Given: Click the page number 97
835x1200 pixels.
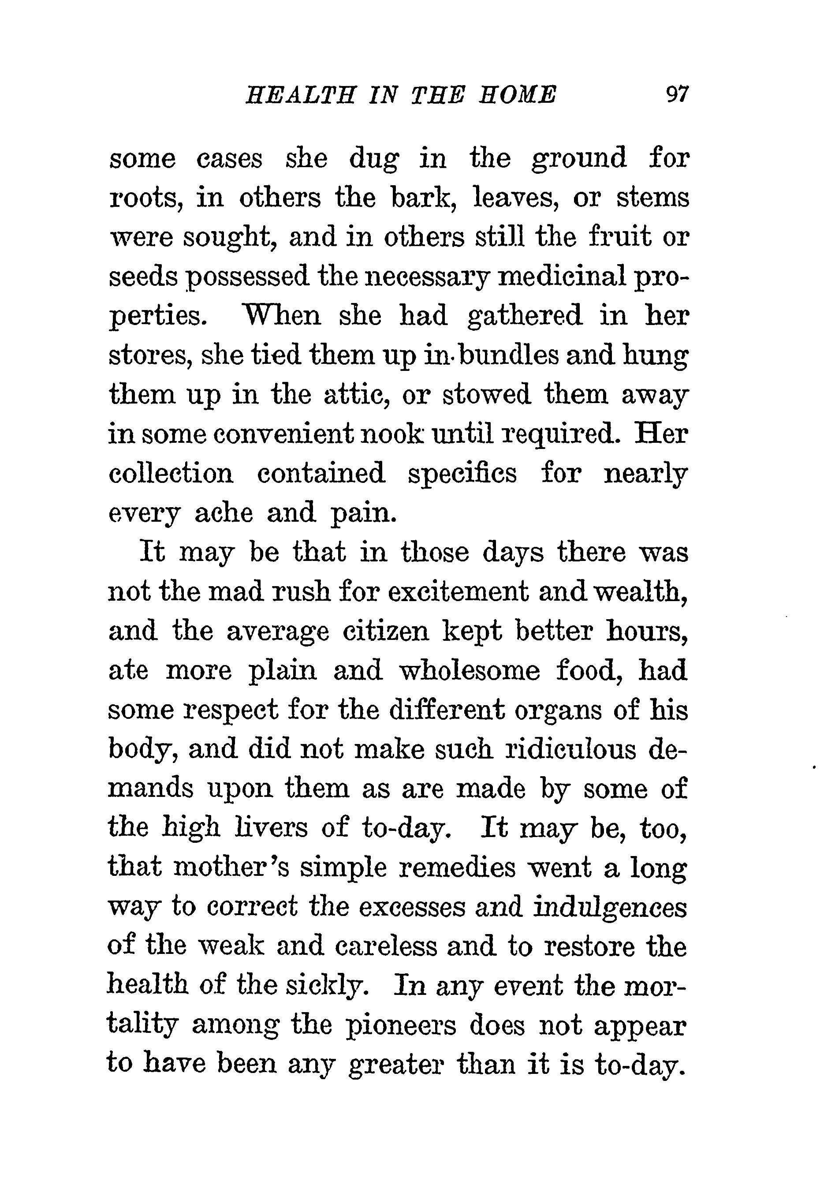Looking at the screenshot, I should (x=677, y=95).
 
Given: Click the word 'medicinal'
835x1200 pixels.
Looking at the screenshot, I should (x=561, y=277).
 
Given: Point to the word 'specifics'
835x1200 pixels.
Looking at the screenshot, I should (x=462, y=474).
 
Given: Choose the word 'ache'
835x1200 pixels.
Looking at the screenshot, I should (x=223, y=513).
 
